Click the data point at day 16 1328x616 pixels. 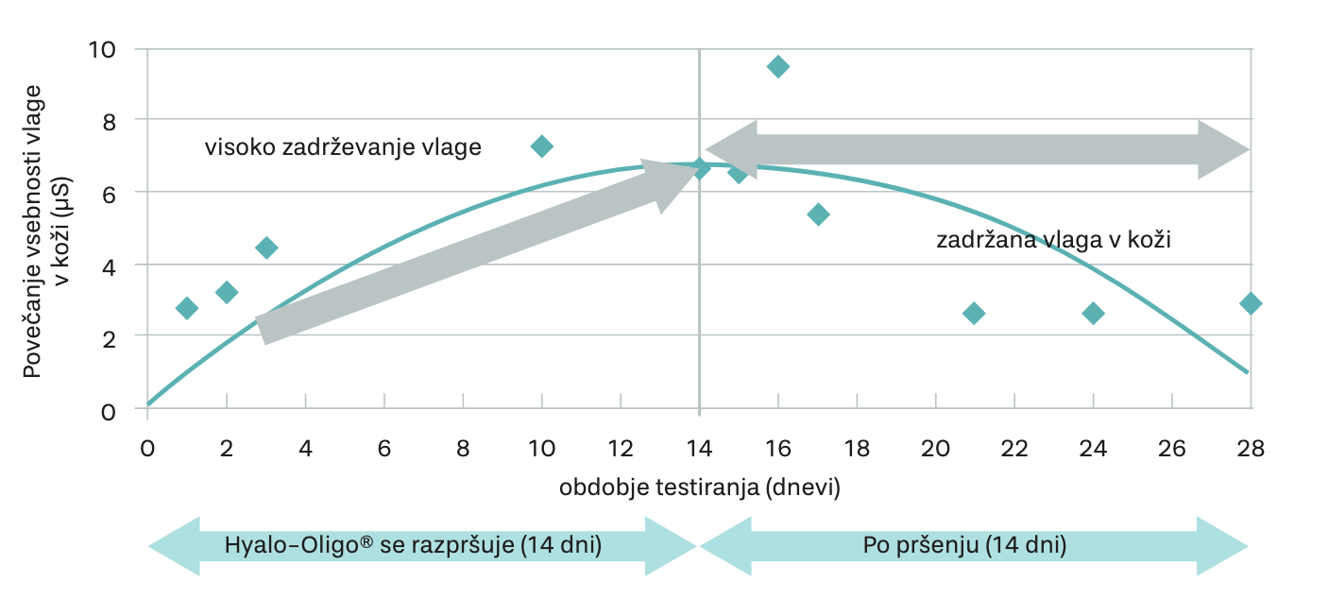point(778,66)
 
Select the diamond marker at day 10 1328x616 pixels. point(542,146)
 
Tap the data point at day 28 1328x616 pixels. point(1251,303)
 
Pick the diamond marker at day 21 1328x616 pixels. point(974,314)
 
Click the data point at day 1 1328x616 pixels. point(187,308)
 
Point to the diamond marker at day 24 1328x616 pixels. point(1093,314)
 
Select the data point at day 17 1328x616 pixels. point(818,214)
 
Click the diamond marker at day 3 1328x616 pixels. point(266,248)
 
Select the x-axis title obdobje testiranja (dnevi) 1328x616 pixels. point(699,488)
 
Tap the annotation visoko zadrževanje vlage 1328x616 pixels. point(343,147)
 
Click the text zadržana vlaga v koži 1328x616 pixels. point(1053,240)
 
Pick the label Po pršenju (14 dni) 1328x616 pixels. point(964,546)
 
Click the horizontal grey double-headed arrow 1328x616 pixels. point(978,149)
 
